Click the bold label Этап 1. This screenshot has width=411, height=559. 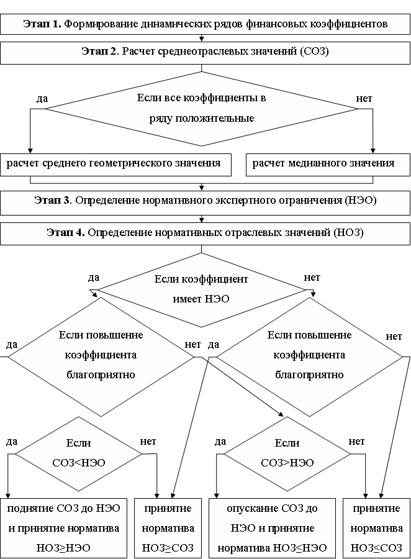(42, 24)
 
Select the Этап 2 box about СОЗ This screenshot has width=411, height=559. (205, 52)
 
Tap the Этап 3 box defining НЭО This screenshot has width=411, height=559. (205, 201)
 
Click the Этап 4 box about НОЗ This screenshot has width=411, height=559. (205, 234)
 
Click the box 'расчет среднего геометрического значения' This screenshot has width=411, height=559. (115, 164)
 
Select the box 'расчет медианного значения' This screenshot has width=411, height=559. (323, 164)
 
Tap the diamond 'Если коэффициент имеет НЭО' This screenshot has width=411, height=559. (201, 289)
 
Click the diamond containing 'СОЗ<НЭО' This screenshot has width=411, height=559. (78, 453)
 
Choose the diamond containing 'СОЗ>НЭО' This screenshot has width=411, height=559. (287, 453)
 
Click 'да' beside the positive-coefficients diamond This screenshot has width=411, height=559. (43, 98)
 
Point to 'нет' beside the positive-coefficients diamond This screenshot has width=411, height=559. (364, 98)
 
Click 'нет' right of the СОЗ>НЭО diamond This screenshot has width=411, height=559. (357, 442)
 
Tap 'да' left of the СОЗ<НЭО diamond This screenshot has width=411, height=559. (11, 442)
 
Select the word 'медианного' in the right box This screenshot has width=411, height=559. (314, 164)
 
